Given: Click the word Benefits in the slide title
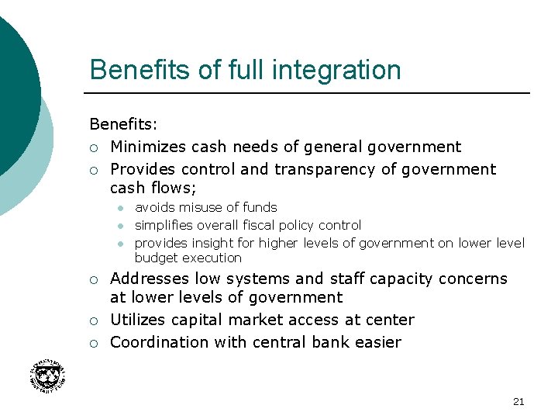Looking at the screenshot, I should (140, 70).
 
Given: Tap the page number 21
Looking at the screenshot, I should (518, 401).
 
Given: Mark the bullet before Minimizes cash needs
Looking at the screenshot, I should (94, 147).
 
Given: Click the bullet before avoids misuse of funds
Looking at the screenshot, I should (121, 208).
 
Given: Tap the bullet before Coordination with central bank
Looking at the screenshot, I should (94, 343).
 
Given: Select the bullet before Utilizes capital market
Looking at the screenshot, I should (94, 320).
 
